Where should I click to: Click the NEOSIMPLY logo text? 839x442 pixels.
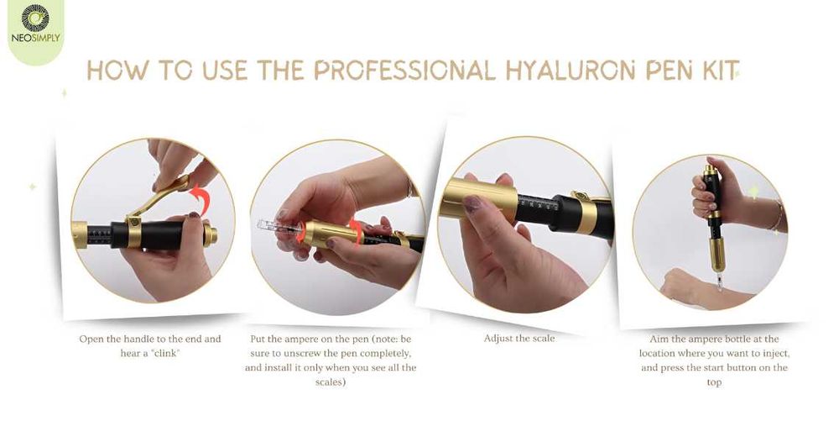[35, 38]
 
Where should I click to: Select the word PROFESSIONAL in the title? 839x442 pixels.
[404, 71]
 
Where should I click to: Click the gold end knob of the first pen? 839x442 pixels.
[210, 234]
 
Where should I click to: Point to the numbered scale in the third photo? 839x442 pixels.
[535, 205]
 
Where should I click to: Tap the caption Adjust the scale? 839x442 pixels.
[519, 339]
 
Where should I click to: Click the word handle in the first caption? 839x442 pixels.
[138, 339]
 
